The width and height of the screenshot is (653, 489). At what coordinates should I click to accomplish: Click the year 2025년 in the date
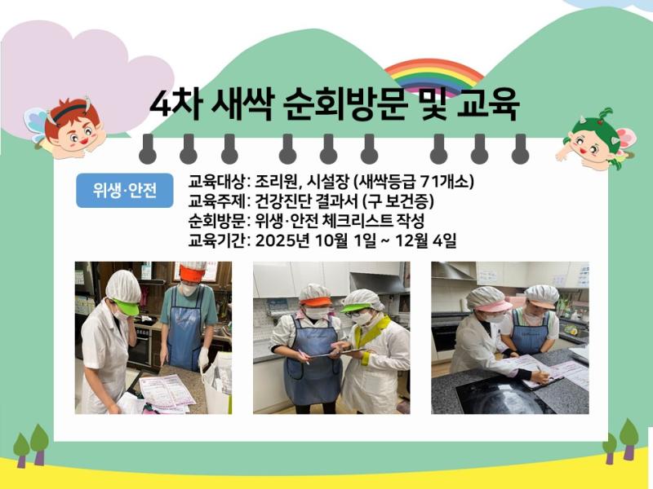[279, 240]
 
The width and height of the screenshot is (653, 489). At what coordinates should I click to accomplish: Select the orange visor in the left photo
[192, 275]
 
